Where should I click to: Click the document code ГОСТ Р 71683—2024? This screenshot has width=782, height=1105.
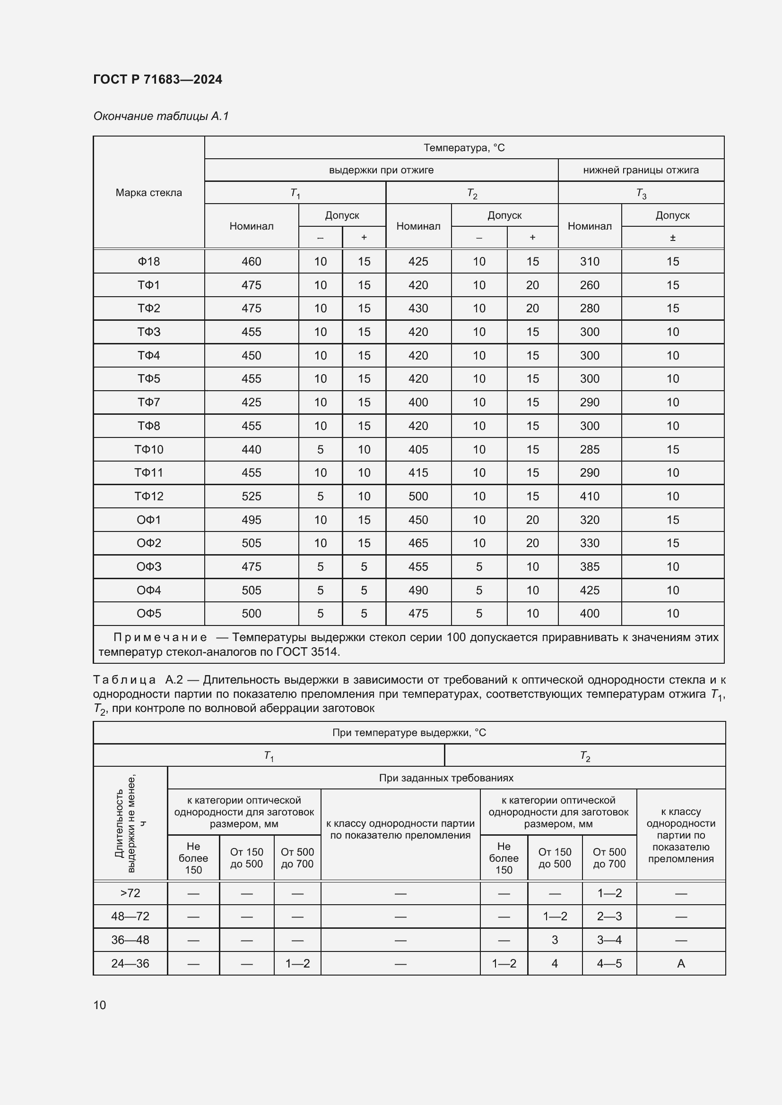pos(157,79)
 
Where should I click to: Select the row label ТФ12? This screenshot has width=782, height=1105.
pos(149,496)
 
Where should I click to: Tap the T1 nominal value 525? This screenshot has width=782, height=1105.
pos(252,496)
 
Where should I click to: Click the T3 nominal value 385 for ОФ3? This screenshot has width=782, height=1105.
pos(590,566)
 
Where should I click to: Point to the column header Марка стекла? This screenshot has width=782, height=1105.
pos(149,192)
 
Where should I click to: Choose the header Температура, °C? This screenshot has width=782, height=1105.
pos(464,148)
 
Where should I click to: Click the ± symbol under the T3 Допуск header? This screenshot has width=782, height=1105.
pos(672,237)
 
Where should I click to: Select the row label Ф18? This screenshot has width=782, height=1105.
pos(149,261)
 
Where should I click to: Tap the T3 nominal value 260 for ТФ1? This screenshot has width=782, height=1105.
pos(590,285)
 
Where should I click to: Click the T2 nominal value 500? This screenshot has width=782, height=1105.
pos(418,496)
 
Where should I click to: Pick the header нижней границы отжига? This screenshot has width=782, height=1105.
pos(641,170)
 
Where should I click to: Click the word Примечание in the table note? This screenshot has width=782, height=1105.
pos(160,637)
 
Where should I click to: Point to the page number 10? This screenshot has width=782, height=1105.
pos(100,1005)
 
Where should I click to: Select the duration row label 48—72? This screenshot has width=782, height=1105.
pos(130,916)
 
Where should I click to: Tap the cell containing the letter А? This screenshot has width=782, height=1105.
pos(680,963)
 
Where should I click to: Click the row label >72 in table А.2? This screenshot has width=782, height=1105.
pos(130,893)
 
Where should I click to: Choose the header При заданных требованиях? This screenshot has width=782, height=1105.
pos(446,778)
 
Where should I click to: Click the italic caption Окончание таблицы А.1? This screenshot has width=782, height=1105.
pos(161,116)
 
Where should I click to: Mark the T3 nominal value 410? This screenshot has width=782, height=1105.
pos(590,496)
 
